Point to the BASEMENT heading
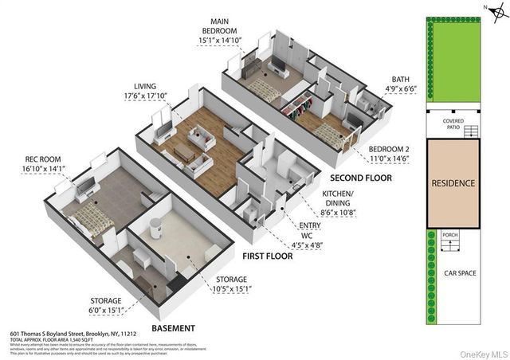[173, 327]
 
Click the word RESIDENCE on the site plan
[453, 183]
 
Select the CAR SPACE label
[460, 273]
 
